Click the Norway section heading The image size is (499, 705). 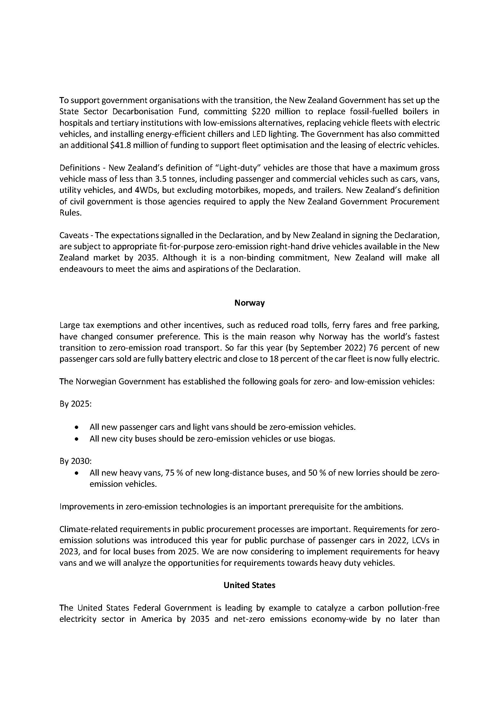249,303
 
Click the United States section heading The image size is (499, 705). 249,585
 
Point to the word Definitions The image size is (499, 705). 80,168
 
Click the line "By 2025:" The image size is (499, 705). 75,404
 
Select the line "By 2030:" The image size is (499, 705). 75,461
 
